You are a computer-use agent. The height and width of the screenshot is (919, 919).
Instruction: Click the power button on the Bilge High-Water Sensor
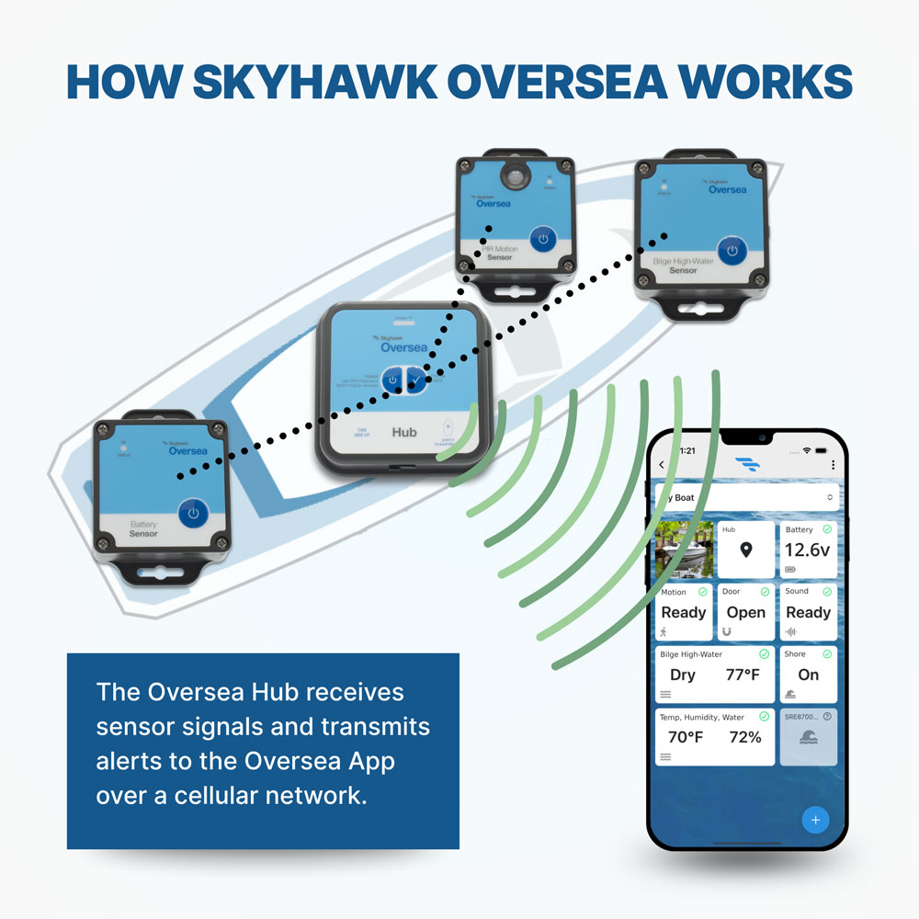point(732,250)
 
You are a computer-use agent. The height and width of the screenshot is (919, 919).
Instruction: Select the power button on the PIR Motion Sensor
point(543,239)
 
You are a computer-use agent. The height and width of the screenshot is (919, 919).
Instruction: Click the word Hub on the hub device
point(404,432)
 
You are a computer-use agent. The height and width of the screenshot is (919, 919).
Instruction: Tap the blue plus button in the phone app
point(815,819)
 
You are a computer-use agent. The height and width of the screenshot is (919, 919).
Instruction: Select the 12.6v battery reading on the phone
point(808,550)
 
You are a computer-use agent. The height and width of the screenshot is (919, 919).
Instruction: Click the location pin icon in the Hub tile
point(746,550)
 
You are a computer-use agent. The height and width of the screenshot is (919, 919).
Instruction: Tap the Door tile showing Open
point(745,612)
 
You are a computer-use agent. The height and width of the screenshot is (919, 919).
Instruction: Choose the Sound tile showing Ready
point(808,612)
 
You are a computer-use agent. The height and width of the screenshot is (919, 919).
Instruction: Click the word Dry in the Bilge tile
point(683,675)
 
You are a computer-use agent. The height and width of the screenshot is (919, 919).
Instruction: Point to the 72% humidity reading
point(745,737)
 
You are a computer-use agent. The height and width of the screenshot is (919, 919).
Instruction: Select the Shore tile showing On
point(808,675)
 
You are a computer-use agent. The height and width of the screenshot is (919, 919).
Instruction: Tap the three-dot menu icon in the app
point(833,465)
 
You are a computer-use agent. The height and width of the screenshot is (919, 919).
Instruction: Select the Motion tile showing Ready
point(684,612)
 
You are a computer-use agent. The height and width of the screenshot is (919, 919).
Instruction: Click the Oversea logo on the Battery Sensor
point(188,450)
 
